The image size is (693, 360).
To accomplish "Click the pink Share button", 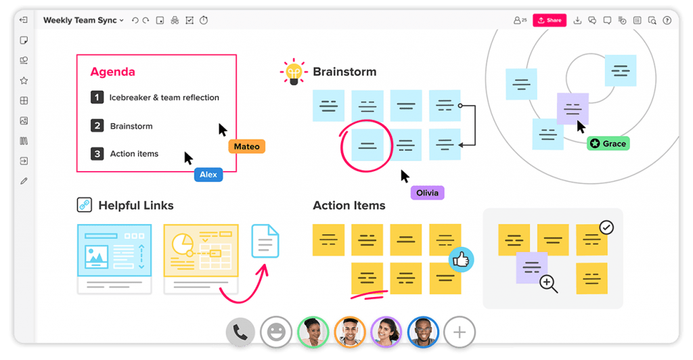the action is pos(550,20).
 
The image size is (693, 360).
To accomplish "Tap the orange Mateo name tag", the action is pos(246,147).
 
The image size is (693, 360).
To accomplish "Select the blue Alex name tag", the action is pos(208,175).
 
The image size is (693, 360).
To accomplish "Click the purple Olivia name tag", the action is pos(428,193).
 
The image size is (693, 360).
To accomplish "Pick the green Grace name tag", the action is pos(608,143).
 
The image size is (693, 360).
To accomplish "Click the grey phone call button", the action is pos(240,332).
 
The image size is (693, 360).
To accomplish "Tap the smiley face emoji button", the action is pos(276,332).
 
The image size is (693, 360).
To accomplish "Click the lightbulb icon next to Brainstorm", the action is pos(294,72).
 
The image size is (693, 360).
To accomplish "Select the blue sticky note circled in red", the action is pos(367,145).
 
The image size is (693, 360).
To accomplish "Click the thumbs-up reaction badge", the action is pos(461,259).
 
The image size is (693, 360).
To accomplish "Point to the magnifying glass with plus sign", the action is pos(548,284).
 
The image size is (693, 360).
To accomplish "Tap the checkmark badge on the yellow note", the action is pos(606,227).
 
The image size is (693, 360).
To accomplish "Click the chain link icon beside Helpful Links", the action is pos(85,205).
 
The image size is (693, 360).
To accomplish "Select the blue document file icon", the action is pos(265,241).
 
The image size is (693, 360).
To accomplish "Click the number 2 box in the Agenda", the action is pos(97,125).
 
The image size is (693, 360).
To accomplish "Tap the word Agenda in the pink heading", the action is pos(113,72).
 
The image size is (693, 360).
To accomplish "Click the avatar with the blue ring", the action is pos(423,332).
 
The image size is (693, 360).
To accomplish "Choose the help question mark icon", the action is pos(667,20).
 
